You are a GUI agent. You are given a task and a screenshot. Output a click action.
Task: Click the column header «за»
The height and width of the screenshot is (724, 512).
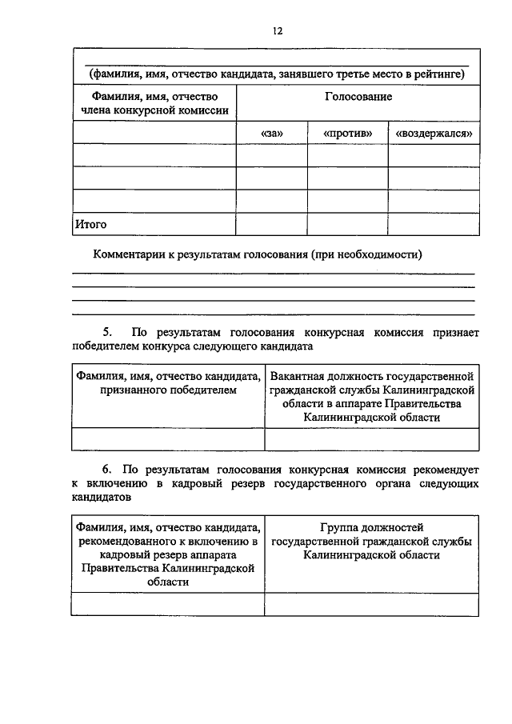click(x=271, y=133)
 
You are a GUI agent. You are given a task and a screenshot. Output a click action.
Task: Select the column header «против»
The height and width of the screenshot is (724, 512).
click(x=347, y=133)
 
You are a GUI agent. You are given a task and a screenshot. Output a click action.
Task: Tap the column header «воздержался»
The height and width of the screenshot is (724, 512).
click(x=434, y=133)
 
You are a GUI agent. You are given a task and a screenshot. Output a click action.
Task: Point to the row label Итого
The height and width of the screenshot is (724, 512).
click(x=90, y=225)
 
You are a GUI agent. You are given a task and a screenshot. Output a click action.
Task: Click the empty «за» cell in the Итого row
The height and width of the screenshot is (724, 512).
click(x=271, y=225)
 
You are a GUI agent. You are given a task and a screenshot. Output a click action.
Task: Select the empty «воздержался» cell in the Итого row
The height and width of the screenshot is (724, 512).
click(x=434, y=225)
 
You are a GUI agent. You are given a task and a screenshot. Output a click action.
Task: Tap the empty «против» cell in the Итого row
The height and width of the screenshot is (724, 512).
click(x=347, y=225)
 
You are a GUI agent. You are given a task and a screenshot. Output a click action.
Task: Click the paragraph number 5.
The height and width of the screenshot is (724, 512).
click(x=108, y=331)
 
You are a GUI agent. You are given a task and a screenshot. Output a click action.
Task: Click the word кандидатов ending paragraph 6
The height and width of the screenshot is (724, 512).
click(x=100, y=497)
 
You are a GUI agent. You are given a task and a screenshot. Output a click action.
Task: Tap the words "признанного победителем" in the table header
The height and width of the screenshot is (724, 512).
click(x=169, y=390)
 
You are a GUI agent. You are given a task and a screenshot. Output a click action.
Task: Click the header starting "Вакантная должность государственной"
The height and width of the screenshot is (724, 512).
click(x=371, y=375)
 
